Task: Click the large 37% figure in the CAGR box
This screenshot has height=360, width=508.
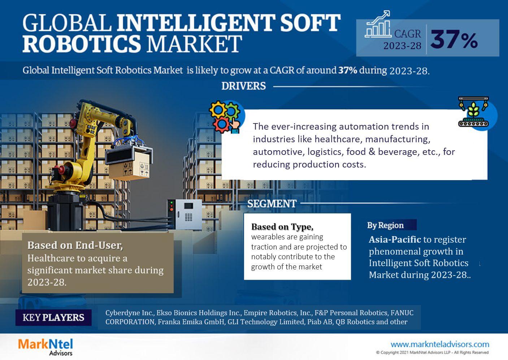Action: tap(454, 39)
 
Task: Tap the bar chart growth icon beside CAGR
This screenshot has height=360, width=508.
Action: tap(378, 24)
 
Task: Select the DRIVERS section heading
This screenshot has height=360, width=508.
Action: tap(244, 86)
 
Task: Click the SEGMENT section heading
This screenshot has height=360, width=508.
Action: tap(272, 204)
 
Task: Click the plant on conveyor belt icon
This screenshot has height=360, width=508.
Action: tap(473, 112)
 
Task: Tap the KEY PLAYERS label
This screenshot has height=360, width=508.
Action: tap(53, 317)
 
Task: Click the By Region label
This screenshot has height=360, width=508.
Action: tap(385, 225)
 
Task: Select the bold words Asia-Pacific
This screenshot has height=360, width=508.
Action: tap(395, 239)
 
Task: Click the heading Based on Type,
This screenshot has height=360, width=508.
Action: tap(282, 227)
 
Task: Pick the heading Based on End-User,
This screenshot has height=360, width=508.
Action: tap(75, 246)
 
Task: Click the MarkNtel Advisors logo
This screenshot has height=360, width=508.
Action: tap(45, 347)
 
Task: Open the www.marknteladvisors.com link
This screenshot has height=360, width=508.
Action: tap(440, 344)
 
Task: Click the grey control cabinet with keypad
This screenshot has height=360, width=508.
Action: tap(184, 214)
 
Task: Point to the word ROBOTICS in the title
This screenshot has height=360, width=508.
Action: tap(82, 44)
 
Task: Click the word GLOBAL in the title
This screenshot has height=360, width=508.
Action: tap(67, 22)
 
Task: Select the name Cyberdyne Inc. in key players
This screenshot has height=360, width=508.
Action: tap(130, 313)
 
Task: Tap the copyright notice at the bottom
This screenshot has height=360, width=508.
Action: tap(432, 352)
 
